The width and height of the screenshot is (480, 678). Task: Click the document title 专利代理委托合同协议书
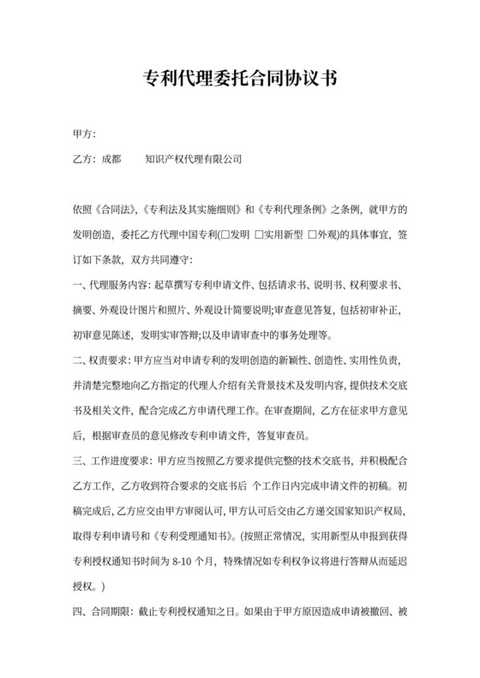point(240,80)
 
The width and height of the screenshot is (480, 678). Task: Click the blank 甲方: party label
point(86,134)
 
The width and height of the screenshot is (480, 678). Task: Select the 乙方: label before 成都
point(86,158)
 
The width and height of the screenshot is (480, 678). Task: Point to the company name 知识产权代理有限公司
point(194,158)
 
